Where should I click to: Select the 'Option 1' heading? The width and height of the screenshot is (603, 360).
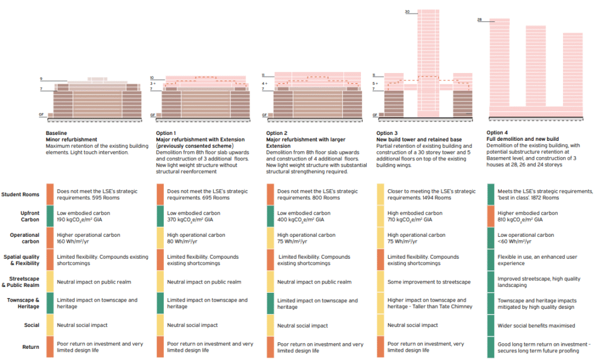pyautogui.click(x=166, y=133)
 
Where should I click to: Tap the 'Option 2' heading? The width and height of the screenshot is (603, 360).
pyautogui.click(x=276, y=133)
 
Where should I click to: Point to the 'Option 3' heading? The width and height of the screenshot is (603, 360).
pyautogui.click(x=387, y=133)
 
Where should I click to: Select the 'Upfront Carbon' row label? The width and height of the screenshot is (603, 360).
pyautogui.click(x=27, y=217)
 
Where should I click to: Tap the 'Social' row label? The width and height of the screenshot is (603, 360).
pyautogui.click(x=32, y=325)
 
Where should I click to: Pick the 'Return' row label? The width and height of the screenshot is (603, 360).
pyautogui.click(x=31, y=347)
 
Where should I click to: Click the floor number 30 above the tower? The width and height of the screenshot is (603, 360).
pyautogui.click(x=407, y=12)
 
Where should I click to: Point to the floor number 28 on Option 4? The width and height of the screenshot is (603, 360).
pyautogui.click(x=479, y=20)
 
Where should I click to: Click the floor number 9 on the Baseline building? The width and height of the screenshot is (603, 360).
pyautogui.click(x=41, y=79)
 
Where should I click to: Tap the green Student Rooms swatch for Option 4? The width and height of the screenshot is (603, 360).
pyautogui.click(x=491, y=194)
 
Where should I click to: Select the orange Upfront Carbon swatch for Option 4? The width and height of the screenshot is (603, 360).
pyautogui.click(x=491, y=217)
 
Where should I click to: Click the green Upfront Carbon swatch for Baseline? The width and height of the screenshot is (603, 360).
pyautogui.click(x=50, y=217)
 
